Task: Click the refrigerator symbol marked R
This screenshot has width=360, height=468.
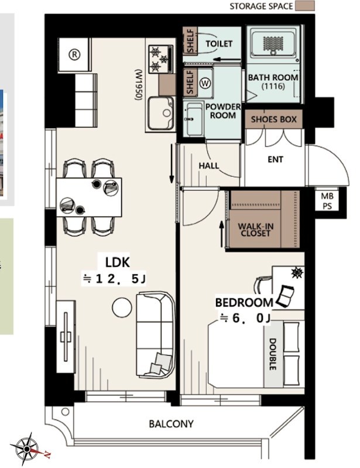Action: click(x=74, y=53)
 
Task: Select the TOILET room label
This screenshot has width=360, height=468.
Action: click(x=220, y=44)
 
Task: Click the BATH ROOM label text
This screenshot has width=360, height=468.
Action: click(x=273, y=77)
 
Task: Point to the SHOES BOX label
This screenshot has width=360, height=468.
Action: click(x=274, y=119)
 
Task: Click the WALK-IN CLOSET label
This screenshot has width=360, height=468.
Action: click(x=255, y=229)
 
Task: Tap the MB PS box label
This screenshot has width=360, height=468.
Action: click(x=327, y=201)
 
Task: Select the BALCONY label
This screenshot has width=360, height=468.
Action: click(x=171, y=424)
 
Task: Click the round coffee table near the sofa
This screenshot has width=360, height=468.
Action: click(x=123, y=307)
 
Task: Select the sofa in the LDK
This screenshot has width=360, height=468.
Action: click(x=155, y=335)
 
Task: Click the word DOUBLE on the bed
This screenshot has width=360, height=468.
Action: click(x=273, y=354)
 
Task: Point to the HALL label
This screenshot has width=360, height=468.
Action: click(x=209, y=166)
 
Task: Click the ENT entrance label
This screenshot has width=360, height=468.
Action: click(x=275, y=159)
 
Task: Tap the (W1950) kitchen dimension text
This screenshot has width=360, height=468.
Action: click(x=139, y=85)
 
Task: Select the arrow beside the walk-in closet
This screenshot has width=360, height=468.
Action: click(x=221, y=233)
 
